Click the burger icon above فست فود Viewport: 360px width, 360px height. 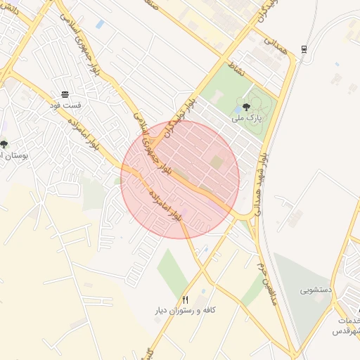click(x=65, y=94)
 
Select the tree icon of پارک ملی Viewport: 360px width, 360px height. click(x=245, y=108)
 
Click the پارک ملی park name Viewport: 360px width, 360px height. click(x=248, y=119)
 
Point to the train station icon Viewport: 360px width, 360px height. click(x=304, y=48)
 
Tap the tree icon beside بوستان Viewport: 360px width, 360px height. click(x=4, y=144)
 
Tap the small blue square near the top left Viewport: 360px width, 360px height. click(x=100, y=25)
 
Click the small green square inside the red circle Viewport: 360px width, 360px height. click(x=217, y=162)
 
